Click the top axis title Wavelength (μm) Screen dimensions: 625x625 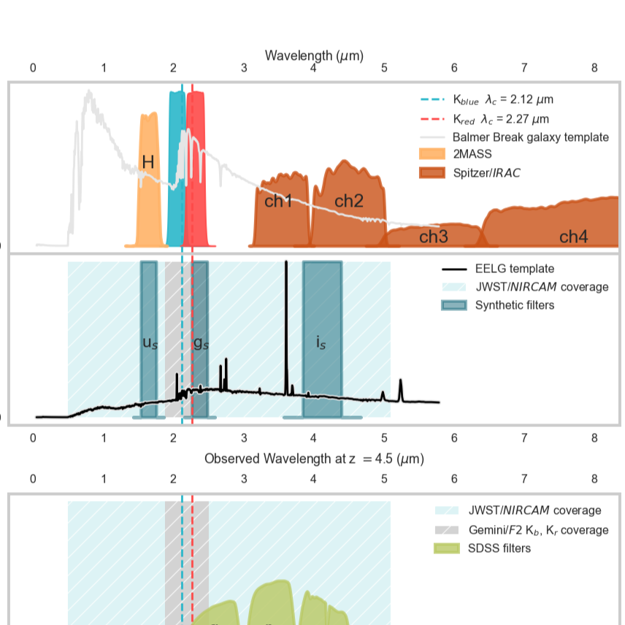314,55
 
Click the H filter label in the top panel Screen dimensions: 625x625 147,162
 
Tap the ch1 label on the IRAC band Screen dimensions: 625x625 277,201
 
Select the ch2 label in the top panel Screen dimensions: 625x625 348,201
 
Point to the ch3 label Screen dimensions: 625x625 433,237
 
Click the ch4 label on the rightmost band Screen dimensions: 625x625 573,237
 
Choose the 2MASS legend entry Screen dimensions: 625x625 472,154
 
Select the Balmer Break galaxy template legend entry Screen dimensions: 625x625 530,137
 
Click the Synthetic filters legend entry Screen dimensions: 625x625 514,304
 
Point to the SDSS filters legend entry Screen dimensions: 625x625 499,548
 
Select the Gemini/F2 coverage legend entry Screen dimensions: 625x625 538,529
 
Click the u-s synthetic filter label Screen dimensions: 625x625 149,342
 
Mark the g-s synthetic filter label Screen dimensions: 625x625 200,342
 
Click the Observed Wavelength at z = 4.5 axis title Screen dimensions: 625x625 314,459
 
